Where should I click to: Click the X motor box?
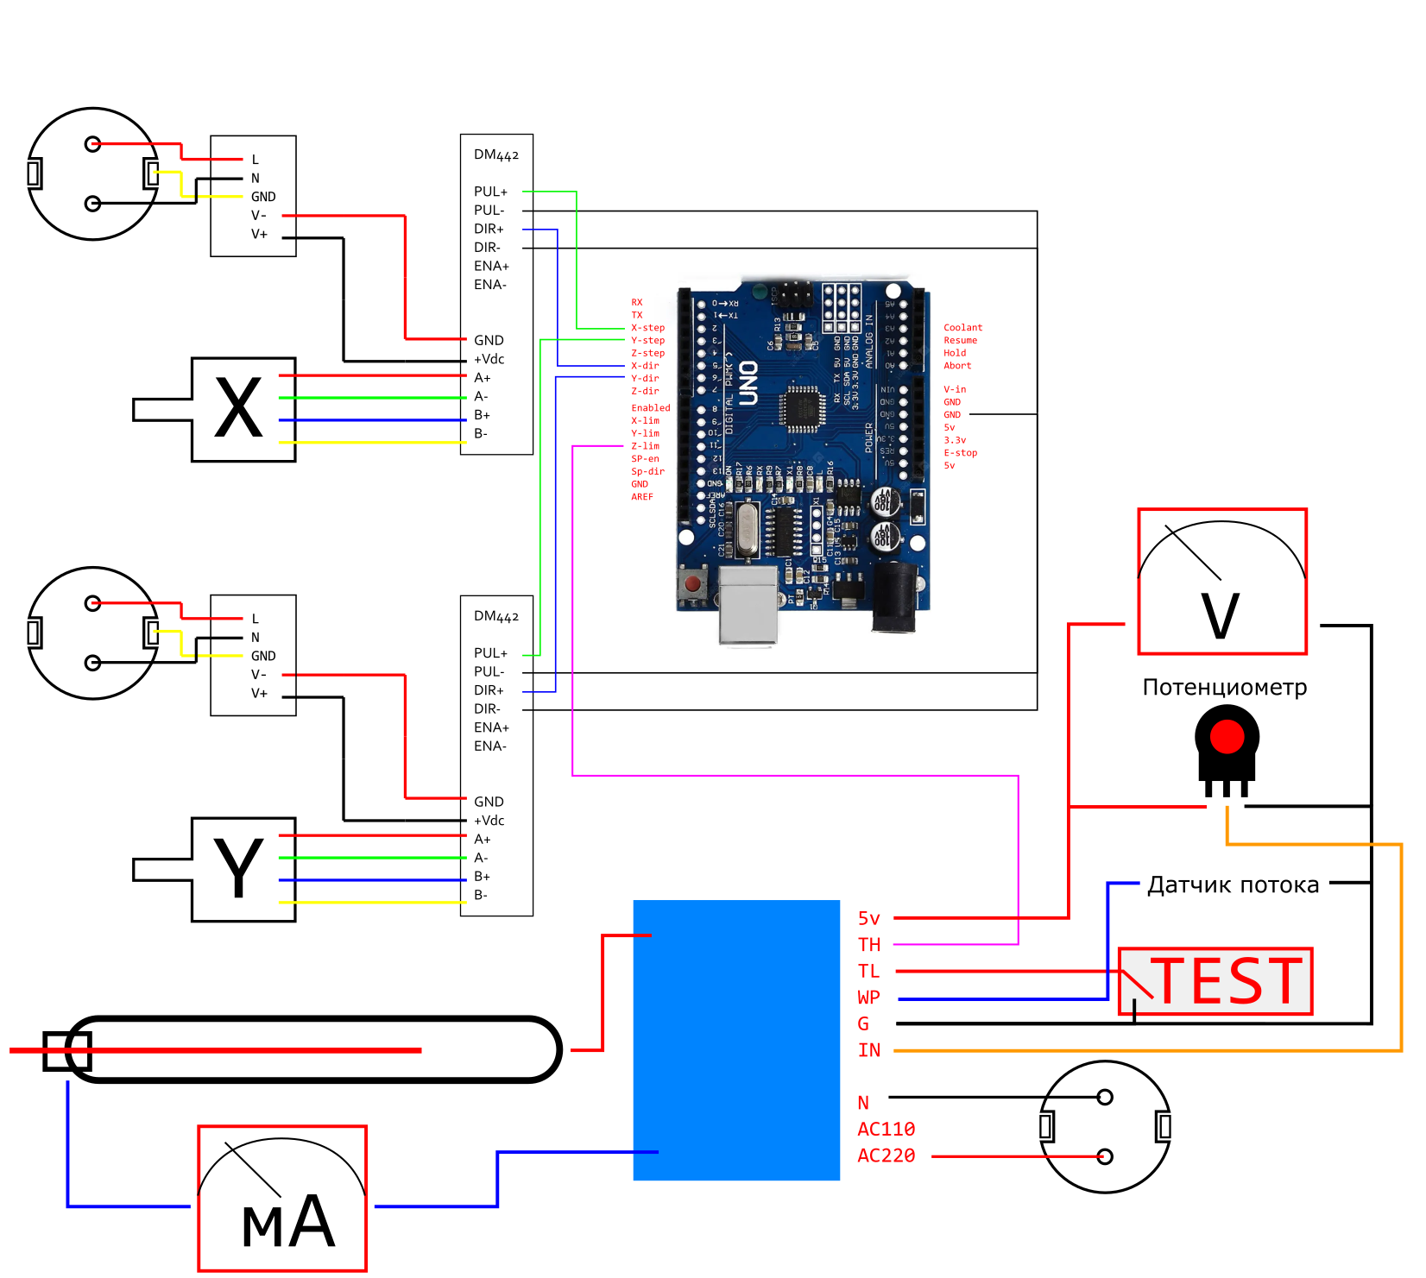point(243,409)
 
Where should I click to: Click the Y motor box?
point(243,869)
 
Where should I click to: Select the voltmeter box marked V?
point(1221,582)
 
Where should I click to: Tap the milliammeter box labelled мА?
point(282,1198)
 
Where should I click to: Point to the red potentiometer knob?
point(1227,736)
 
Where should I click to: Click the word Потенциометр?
point(1224,688)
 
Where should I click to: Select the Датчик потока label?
point(1233,885)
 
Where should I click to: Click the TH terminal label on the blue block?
point(869,945)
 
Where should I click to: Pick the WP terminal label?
point(868,998)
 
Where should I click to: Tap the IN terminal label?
point(869,1050)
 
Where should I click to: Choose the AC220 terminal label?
point(886,1155)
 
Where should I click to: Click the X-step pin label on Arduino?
point(647,328)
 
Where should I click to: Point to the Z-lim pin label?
point(645,446)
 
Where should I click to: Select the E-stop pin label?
point(960,453)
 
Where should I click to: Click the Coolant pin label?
point(962,328)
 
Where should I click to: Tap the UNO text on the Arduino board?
point(748,384)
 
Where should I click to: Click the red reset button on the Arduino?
point(692,584)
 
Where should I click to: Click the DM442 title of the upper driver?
point(495,155)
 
